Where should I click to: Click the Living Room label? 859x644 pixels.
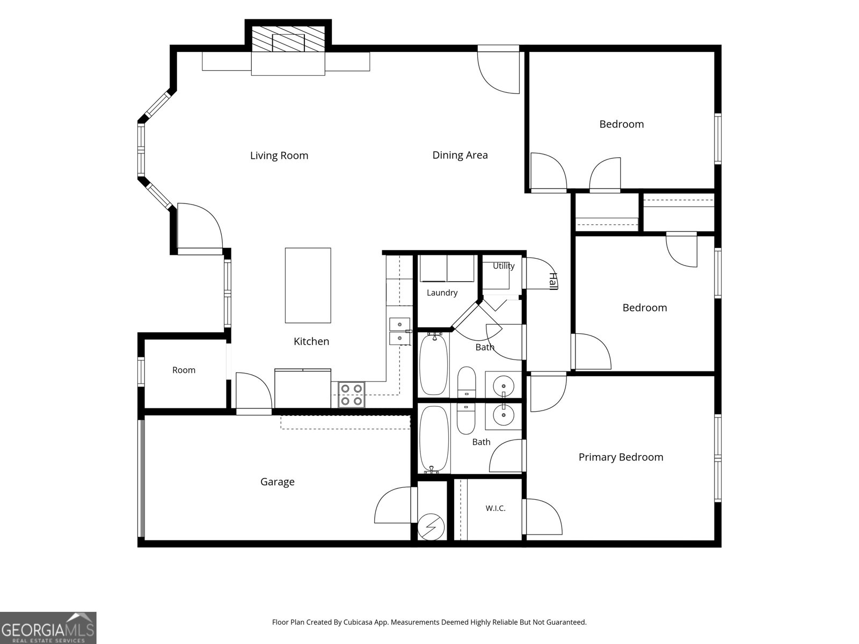click(279, 156)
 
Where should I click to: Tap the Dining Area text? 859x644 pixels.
click(460, 155)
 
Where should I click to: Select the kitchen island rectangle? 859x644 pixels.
click(308, 286)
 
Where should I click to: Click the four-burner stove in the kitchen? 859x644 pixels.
click(352, 395)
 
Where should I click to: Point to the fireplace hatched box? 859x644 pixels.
click(288, 39)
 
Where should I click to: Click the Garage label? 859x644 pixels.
click(277, 482)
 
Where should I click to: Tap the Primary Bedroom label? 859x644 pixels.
click(621, 457)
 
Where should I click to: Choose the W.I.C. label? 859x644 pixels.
click(496, 508)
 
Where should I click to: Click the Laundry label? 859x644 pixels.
click(442, 293)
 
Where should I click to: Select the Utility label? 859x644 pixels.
click(503, 266)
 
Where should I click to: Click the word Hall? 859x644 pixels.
click(553, 281)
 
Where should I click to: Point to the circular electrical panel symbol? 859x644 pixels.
click(431, 527)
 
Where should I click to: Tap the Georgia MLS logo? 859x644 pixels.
click(48, 628)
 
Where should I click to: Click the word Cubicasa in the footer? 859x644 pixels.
click(358, 622)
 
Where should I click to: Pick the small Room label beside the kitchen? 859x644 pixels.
click(184, 370)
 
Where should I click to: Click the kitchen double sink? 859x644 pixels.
click(399, 331)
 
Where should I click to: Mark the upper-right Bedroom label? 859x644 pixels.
click(622, 125)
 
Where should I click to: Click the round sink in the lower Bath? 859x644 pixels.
click(503, 415)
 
